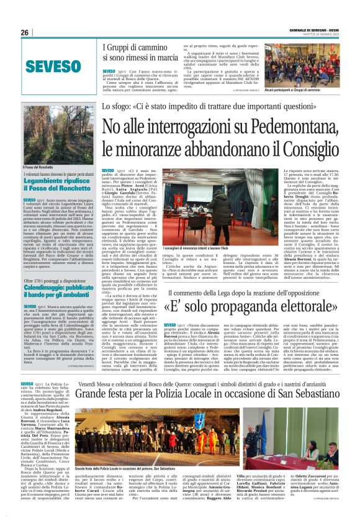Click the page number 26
click(24, 32)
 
